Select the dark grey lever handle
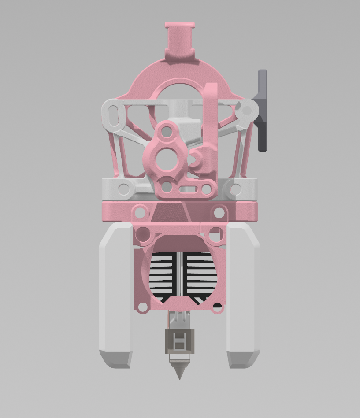263,110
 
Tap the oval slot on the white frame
113,115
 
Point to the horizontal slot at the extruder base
188,189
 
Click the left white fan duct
115,286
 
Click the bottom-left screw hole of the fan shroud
142,307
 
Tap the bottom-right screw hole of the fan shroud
217,307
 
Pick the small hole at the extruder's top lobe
166,131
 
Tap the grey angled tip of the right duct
242,359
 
